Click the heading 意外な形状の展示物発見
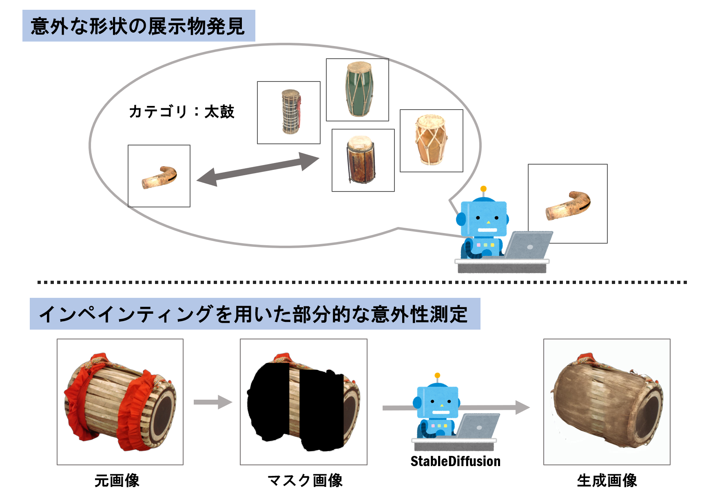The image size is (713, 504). [x=138, y=26]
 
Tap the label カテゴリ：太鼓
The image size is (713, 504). [x=182, y=112]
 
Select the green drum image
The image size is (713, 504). [x=358, y=90]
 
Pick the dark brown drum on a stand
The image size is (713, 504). [x=361, y=160]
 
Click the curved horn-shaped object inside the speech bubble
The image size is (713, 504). [x=159, y=177]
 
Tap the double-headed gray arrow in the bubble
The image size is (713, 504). [x=258, y=169]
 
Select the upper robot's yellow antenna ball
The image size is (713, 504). [x=483, y=189]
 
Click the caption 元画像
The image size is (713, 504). [x=117, y=481]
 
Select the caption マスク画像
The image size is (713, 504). [x=305, y=481]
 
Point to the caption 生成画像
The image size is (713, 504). [x=607, y=481]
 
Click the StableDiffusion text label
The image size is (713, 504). [x=455, y=461]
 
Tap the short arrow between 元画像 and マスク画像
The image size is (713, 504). [x=213, y=402]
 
